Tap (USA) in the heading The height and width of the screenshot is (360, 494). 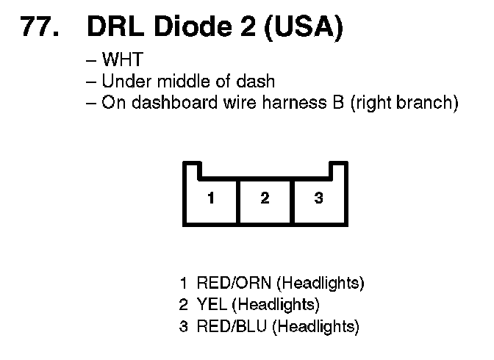click(x=301, y=27)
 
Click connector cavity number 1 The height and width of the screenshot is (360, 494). click(x=211, y=198)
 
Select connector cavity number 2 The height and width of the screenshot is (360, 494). click(x=265, y=198)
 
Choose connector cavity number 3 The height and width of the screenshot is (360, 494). click(x=318, y=198)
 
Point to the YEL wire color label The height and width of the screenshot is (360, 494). click(x=210, y=304)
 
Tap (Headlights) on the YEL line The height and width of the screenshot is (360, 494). click(x=273, y=304)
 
